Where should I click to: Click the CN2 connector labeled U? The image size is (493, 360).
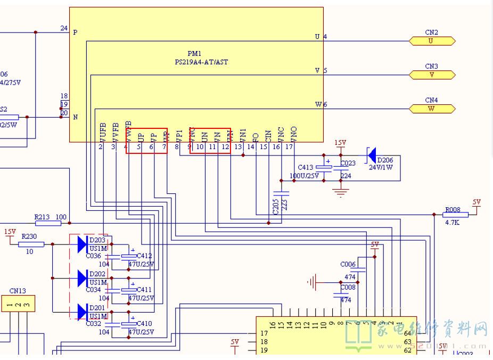(x=432, y=41)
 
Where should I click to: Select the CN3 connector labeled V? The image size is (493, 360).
(x=432, y=75)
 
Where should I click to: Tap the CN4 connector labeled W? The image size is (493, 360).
(x=432, y=109)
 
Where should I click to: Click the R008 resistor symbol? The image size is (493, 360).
(x=455, y=215)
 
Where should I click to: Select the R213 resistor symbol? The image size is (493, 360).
(x=47, y=223)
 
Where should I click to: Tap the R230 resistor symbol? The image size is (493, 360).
(x=31, y=244)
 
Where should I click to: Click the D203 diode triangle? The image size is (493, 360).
(x=83, y=244)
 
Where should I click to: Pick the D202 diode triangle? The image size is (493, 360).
(x=83, y=277)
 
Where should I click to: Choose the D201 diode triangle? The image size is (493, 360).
(x=83, y=311)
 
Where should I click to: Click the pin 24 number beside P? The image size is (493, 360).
(x=64, y=28)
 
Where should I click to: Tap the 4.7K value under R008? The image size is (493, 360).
(x=452, y=223)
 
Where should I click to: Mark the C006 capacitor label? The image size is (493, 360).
(x=348, y=265)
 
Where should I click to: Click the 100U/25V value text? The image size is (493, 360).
(x=304, y=176)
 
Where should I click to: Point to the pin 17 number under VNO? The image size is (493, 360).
(x=289, y=146)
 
